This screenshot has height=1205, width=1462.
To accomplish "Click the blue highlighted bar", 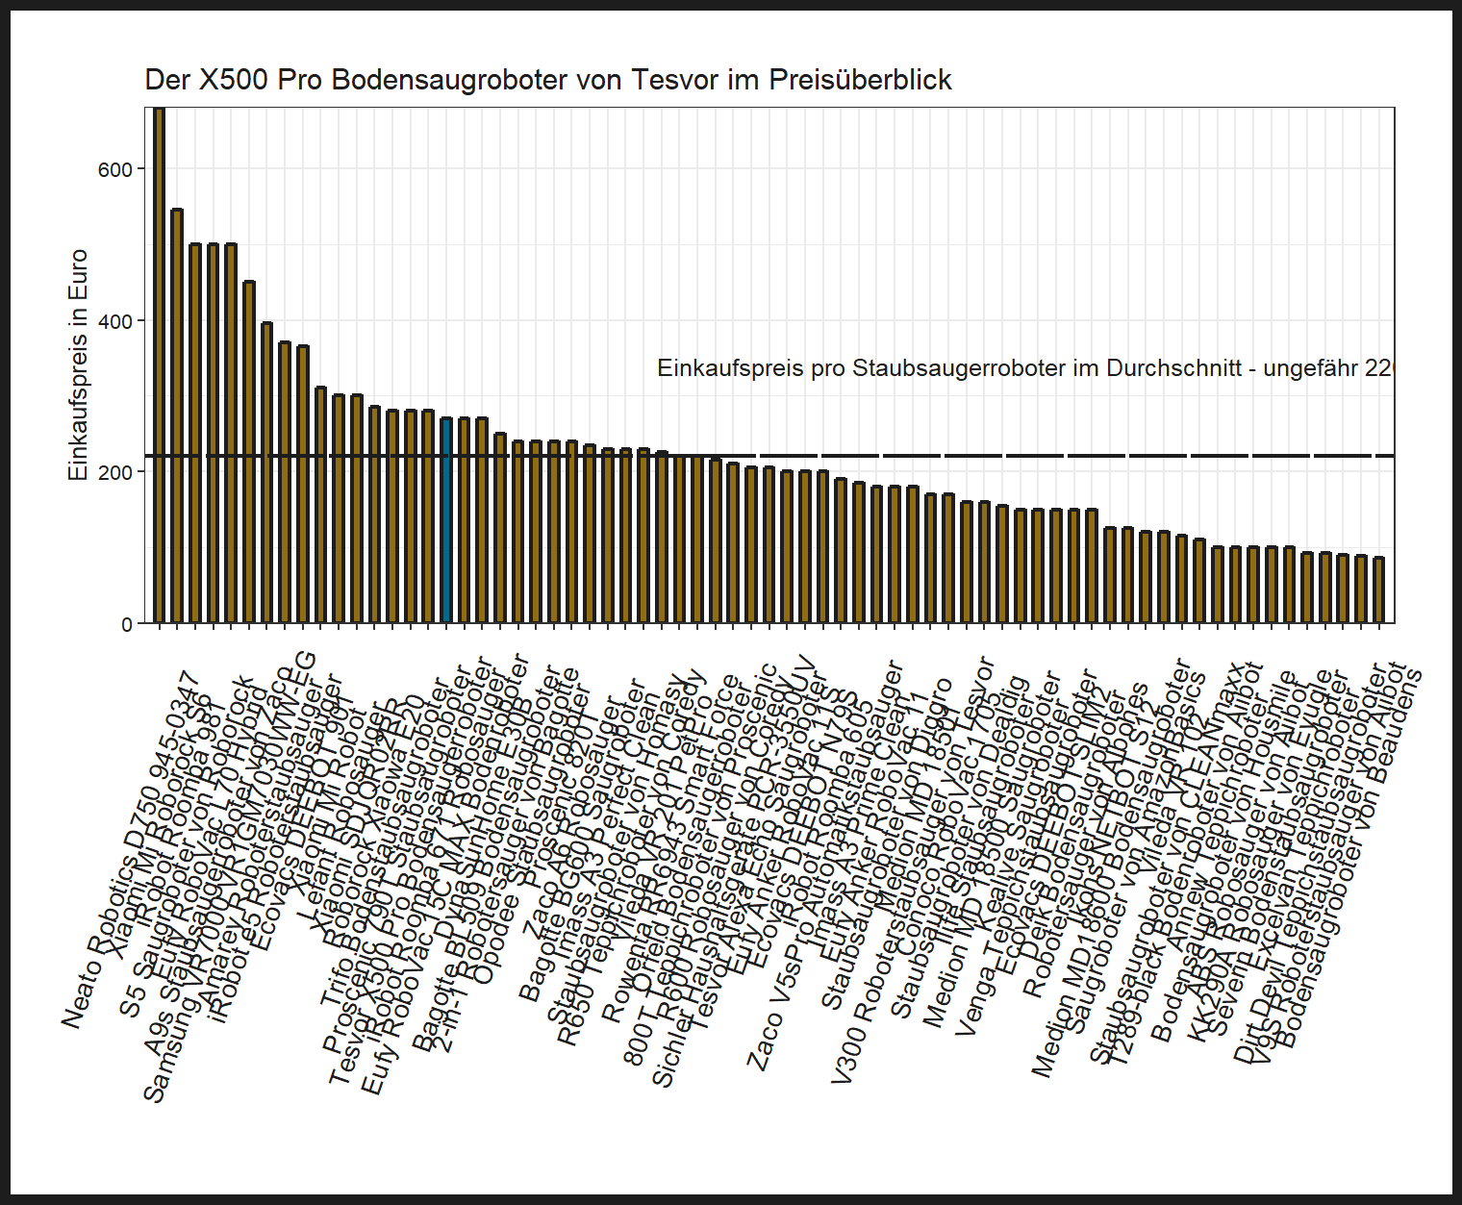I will coord(446,520).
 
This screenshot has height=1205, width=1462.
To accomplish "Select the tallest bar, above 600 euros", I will coord(160,365).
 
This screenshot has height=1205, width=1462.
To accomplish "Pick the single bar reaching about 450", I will coord(249,452).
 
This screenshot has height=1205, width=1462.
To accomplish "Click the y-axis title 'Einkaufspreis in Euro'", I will coord(78,365).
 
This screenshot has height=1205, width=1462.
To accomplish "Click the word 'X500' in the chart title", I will coord(234,80).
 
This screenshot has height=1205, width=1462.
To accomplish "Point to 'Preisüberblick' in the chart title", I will coord(860,80).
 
